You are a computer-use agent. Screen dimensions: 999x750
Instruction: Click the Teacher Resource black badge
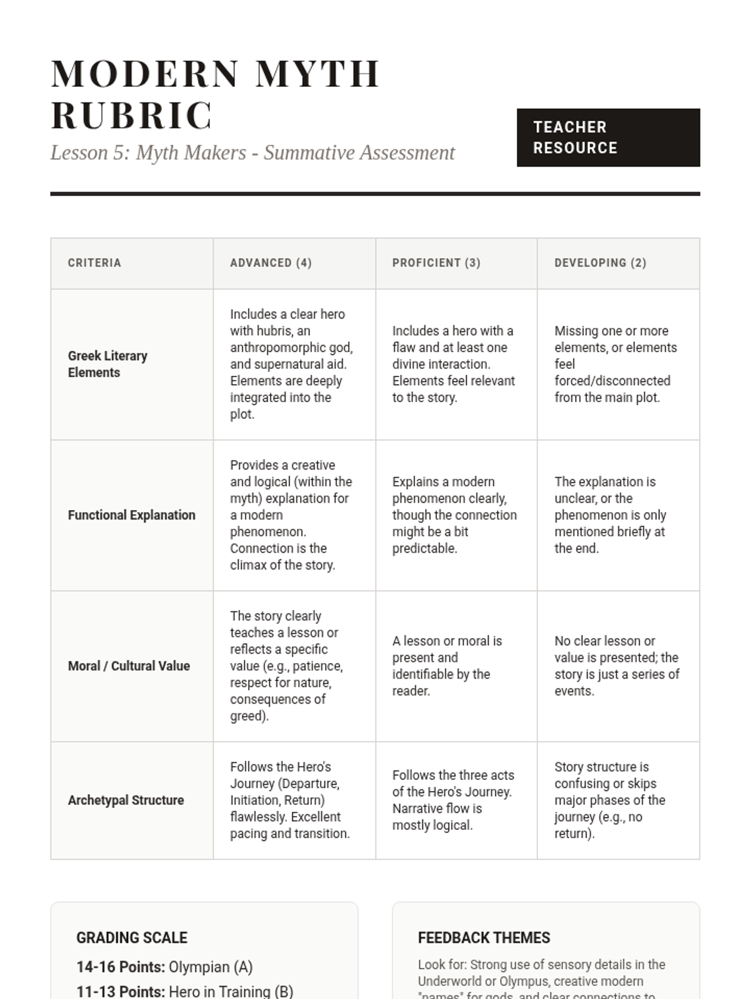[x=607, y=137]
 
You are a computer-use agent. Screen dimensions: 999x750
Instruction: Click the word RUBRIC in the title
[x=132, y=116]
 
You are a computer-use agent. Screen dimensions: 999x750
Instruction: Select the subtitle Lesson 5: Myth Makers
[x=252, y=152]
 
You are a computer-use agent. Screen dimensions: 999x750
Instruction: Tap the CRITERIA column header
[x=94, y=263]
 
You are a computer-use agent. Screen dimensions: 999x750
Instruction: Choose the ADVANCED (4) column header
[x=271, y=263]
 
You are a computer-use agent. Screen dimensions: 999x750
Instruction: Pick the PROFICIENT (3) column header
[x=436, y=263]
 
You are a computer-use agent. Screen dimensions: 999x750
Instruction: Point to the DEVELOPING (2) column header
[x=600, y=263]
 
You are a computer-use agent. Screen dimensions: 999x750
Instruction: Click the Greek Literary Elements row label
[x=107, y=364]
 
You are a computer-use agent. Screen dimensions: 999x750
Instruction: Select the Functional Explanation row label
[x=131, y=515]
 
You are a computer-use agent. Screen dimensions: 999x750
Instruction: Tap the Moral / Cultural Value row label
[x=129, y=666]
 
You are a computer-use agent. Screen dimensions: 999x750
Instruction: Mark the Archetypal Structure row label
[x=126, y=800]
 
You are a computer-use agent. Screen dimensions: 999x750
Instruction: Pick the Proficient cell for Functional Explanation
[x=454, y=515]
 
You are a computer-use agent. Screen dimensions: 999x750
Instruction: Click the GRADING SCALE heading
[x=132, y=938]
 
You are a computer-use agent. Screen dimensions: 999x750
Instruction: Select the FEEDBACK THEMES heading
[x=484, y=938]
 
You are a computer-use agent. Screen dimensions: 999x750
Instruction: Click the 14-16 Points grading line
[x=164, y=967]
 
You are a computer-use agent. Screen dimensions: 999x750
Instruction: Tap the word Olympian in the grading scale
[x=199, y=967]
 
